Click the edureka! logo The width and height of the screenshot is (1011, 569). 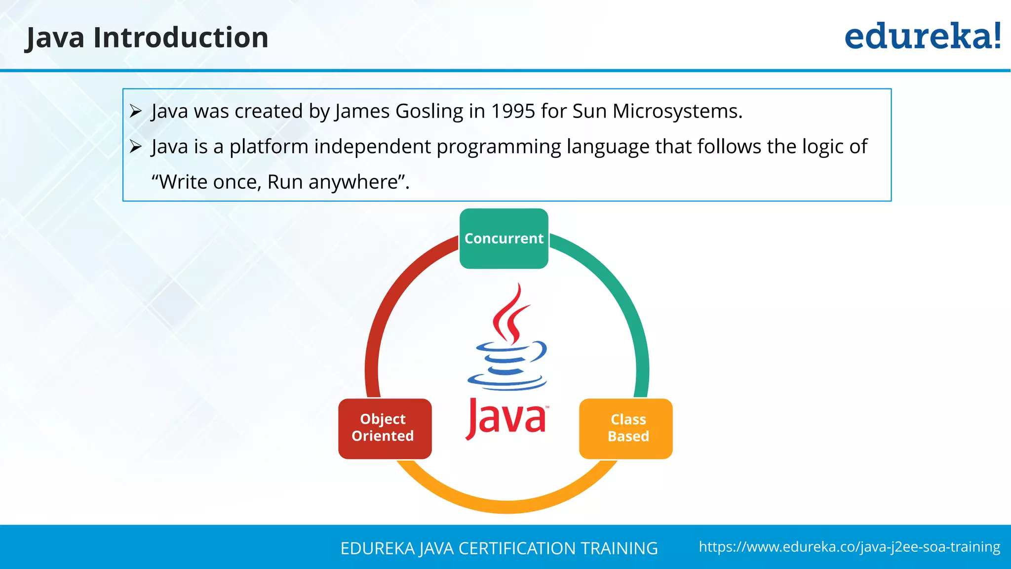point(922,37)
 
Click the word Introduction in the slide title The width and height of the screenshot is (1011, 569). point(181,38)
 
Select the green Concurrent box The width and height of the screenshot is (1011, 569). point(504,239)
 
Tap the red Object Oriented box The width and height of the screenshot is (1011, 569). point(385,428)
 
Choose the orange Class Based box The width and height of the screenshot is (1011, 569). point(626,428)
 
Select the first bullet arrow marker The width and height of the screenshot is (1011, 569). point(136,111)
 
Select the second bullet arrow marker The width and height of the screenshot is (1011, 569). point(136,147)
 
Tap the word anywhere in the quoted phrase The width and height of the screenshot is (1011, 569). point(353,182)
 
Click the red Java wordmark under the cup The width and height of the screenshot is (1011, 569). point(506,419)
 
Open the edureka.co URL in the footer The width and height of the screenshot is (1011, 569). point(849,547)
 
